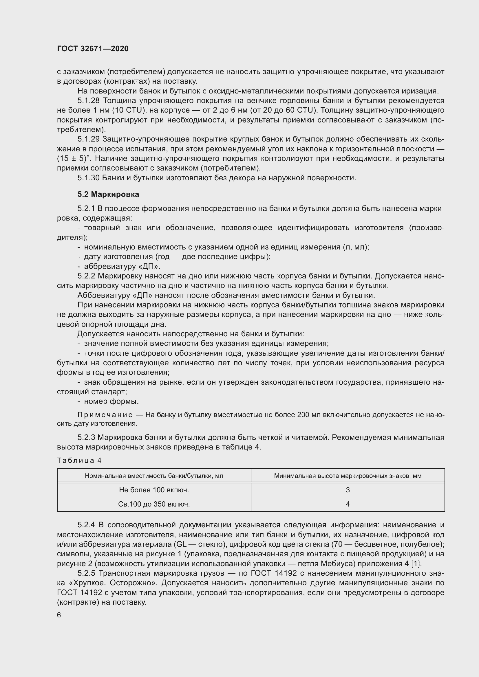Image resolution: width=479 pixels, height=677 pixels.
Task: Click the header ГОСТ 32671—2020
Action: coord(93,49)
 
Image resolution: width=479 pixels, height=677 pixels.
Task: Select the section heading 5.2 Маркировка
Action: coord(108,194)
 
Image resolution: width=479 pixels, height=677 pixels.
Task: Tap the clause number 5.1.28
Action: coord(89,100)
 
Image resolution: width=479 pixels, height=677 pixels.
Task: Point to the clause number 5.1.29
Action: coord(89,139)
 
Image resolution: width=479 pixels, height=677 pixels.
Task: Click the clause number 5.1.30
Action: coord(89,178)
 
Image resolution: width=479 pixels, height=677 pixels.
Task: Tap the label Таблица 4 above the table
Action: coord(79,460)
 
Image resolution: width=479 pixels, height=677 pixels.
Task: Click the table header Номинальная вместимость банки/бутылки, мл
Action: coord(154,476)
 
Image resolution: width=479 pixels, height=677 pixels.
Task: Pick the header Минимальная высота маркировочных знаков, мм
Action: coord(348,476)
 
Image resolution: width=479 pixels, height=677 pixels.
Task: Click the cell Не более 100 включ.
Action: coord(154,490)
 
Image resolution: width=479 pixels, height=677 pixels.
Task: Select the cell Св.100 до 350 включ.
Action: coord(154,504)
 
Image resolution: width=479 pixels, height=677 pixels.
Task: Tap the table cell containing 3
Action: coord(348,490)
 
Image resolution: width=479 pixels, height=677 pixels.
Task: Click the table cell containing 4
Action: coord(348,504)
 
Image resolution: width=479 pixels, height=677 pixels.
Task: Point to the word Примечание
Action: coord(105,415)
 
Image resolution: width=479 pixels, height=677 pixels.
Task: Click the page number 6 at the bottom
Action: coord(59,615)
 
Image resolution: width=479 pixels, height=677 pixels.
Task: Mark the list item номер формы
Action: coord(111,401)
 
